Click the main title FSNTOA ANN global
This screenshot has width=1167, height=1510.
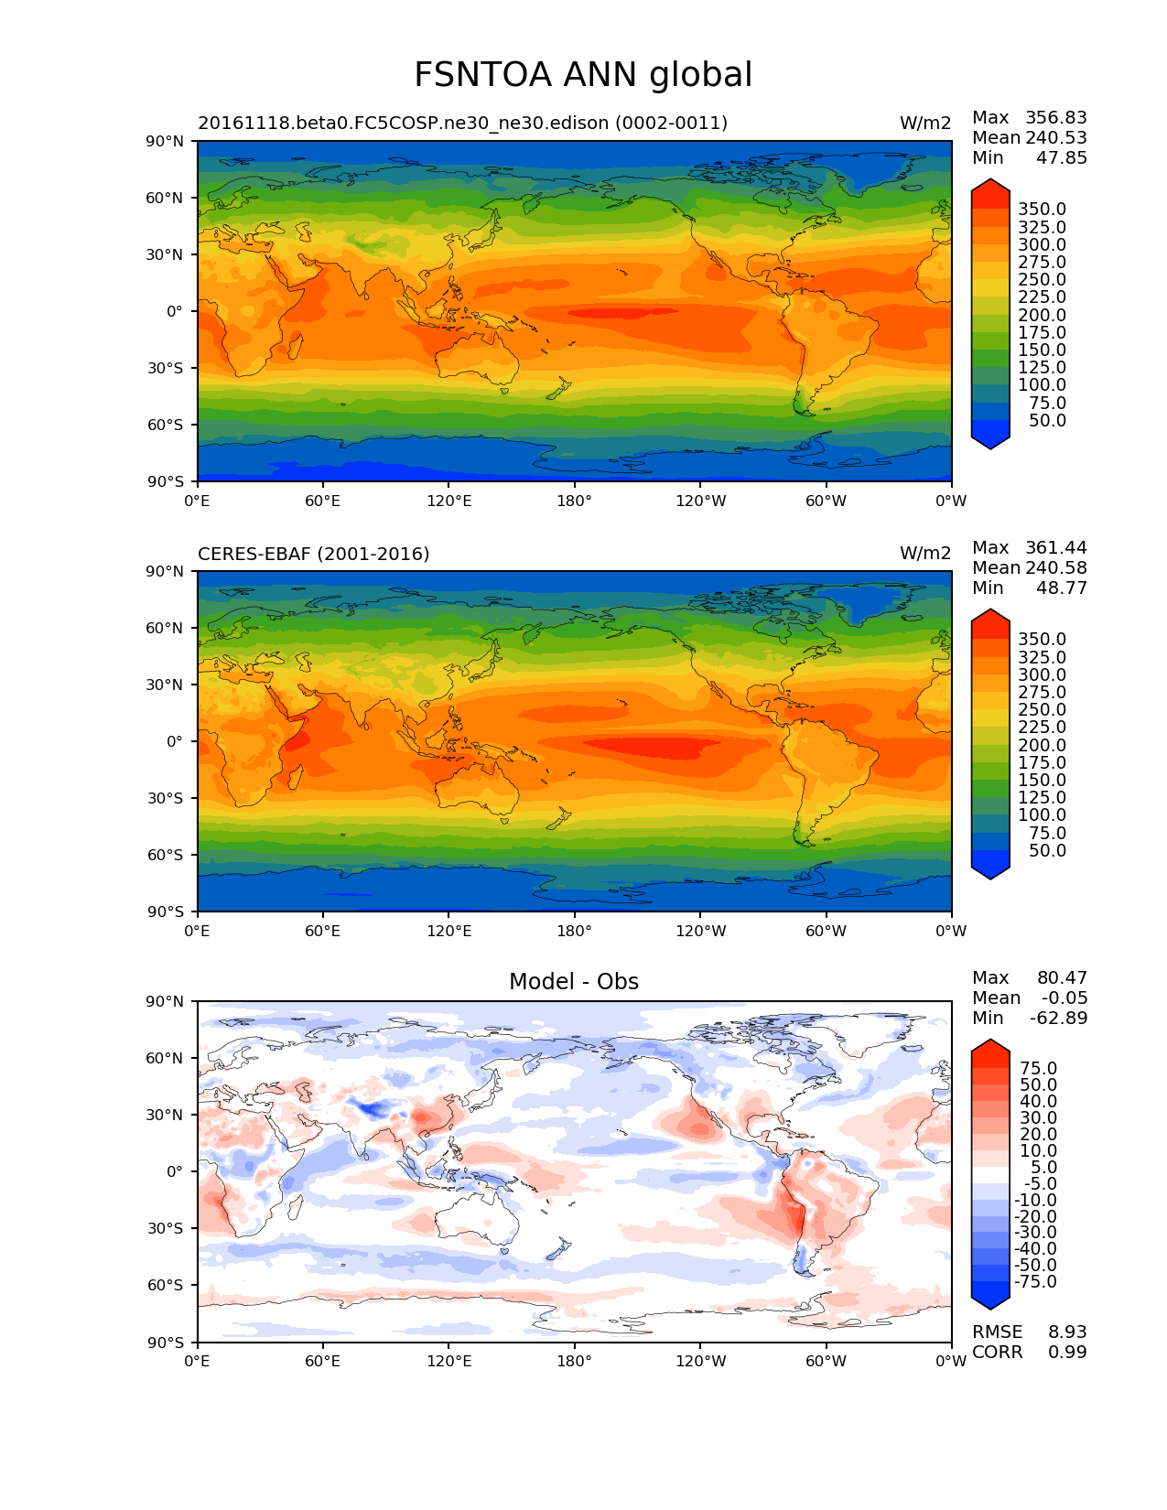(x=583, y=75)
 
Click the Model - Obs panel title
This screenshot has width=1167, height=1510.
(x=574, y=982)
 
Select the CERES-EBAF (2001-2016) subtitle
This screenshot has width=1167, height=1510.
(x=313, y=554)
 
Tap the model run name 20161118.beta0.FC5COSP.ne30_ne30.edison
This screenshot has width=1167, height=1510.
(x=462, y=123)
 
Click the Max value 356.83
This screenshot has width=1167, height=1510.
(x=1055, y=117)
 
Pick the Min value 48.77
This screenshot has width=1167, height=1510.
(x=1061, y=588)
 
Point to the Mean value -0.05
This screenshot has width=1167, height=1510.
(x=1064, y=998)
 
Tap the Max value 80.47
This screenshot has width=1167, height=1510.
(x=1061, y=977)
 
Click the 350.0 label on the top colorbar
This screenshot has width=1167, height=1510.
(x=1042, y=210)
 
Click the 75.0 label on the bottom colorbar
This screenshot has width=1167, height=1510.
(x=1039, y=1068)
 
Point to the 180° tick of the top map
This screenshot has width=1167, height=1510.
(x=574, y=501)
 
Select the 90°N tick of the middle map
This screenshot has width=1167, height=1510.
(x=165, y=571)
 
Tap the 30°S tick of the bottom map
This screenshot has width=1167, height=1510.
(x=166, y=1228)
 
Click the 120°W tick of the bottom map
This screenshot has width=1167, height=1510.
(x=700, y=1361)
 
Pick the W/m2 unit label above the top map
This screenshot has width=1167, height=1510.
(x=925, y=123)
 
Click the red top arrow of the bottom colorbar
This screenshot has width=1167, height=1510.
(x=990, y=1052)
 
